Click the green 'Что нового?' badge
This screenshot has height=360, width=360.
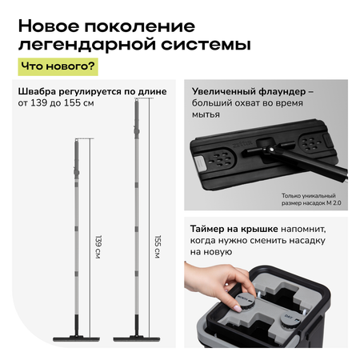58,66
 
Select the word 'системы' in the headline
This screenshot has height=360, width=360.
206,44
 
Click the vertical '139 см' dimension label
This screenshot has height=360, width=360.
98,246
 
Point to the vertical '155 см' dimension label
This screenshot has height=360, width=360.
158,246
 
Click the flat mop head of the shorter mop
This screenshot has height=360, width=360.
76,339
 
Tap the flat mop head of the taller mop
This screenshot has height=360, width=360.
137,339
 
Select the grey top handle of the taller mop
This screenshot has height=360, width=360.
137,118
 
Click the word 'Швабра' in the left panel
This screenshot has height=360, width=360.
37,91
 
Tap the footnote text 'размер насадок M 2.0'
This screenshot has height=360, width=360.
311,203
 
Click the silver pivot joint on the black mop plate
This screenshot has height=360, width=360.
270,150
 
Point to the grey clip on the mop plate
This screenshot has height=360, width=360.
199,164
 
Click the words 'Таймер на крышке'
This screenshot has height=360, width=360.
234,229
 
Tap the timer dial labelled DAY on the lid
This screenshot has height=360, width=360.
290,319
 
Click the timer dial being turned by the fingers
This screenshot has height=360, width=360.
245,301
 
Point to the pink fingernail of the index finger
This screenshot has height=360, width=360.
238,309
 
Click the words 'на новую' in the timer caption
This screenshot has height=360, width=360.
211,252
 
